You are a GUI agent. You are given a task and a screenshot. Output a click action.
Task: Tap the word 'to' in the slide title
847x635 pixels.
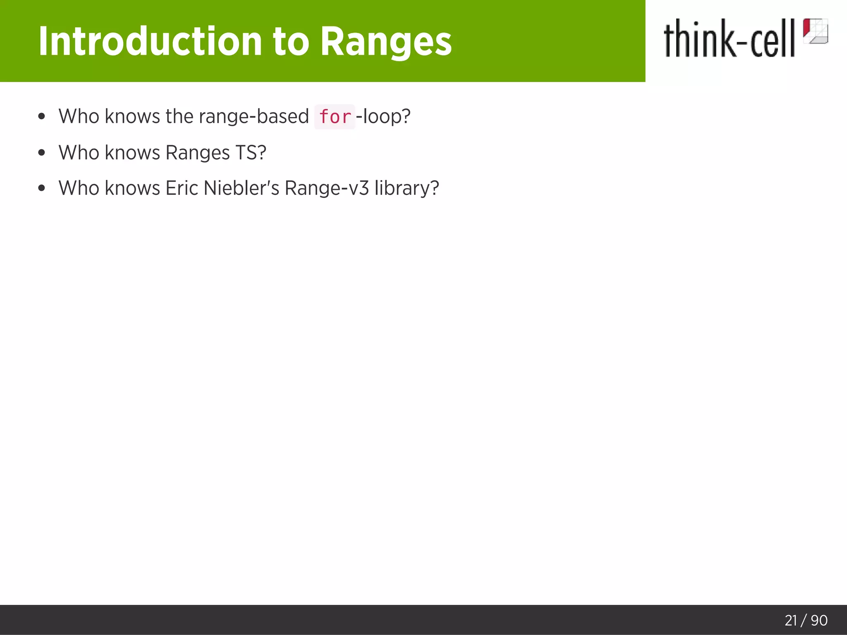pos(291,41)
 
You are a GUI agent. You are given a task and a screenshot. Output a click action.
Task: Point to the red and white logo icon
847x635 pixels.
pos(815,31)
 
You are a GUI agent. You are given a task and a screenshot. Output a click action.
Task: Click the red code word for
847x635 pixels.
pos(335,117)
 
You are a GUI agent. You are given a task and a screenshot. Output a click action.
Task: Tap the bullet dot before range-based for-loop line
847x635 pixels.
pos(41,117)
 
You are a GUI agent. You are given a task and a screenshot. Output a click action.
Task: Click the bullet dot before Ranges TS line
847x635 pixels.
pos(41,153)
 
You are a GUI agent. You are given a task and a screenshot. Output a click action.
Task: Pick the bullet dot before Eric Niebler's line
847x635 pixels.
pos(41,189)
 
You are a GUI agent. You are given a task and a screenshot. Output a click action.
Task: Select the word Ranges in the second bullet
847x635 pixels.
pos(197,153)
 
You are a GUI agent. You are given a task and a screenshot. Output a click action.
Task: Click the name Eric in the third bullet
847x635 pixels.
pos(182,188)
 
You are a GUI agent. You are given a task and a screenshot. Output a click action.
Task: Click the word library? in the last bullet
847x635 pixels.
pos(407,188)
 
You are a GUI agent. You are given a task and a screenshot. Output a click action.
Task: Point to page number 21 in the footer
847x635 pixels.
pos(791,620)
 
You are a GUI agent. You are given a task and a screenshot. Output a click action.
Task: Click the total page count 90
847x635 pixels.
pos(819,620)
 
